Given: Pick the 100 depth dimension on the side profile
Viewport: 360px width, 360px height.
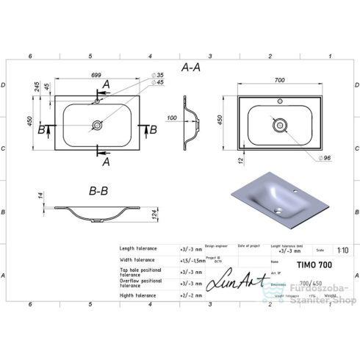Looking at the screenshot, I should point(171,118).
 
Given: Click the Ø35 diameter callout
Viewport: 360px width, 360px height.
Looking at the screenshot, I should point(159,75).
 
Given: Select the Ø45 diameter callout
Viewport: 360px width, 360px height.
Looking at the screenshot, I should point(159,82).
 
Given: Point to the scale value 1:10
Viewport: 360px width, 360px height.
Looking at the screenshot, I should point(336,249).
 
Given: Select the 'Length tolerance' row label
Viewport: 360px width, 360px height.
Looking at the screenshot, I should point(138,249).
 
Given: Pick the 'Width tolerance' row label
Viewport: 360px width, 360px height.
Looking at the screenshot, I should point(137,260).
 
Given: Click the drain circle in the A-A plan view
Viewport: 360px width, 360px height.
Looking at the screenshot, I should point(97,126).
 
